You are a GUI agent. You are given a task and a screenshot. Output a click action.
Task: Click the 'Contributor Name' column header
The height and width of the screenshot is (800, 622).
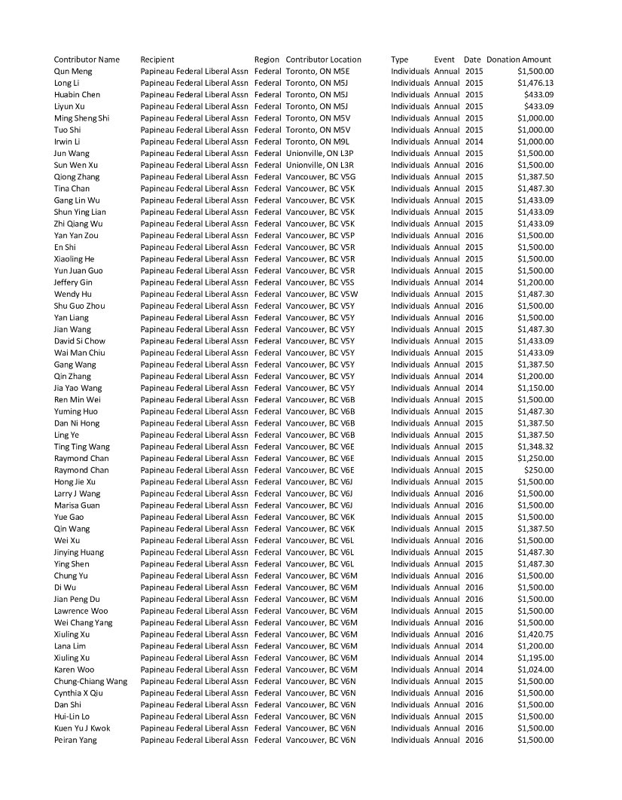pos(87,60)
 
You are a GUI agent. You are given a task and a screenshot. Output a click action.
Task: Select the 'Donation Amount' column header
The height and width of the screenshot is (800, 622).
pos(519,60)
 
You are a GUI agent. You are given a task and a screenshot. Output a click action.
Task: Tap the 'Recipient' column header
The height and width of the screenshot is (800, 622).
pos(157,60)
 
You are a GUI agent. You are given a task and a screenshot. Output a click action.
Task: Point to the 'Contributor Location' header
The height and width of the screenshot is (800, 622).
pos(324,60)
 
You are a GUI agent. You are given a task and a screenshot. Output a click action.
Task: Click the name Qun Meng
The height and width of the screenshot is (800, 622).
pos(73,72)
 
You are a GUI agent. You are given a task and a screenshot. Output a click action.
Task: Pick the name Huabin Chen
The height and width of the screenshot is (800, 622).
pos(77,95)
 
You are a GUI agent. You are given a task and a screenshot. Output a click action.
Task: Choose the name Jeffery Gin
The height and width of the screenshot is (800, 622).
pos(73,282)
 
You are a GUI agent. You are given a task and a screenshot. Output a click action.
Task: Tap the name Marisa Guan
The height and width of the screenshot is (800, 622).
pos(77,505)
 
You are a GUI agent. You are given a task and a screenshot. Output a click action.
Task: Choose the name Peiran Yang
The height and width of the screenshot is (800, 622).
pos(75,740)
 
